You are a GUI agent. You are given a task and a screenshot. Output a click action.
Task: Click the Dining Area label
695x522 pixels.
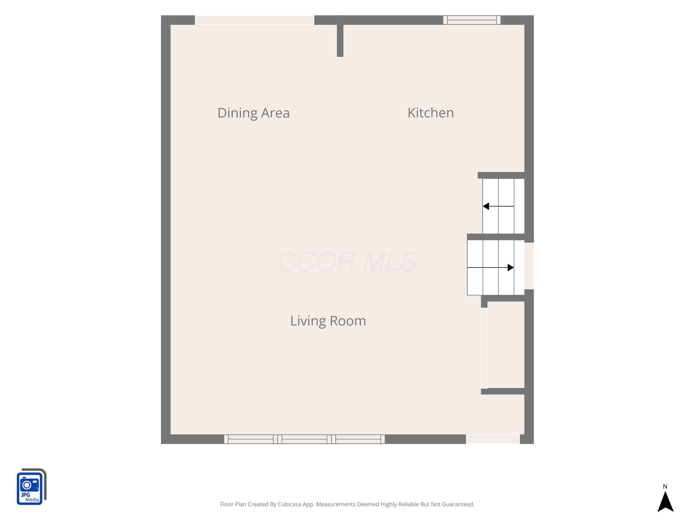(x=253, y=113)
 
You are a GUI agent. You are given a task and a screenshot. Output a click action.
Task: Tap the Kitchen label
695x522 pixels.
(x=430, y=113)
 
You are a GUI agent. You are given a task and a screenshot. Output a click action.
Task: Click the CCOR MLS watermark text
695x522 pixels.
(x=347, y=262)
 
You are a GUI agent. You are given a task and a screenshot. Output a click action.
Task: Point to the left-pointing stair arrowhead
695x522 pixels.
(x=486, y=206)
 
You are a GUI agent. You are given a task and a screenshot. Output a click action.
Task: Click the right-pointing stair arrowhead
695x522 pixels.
(x=511, y=267)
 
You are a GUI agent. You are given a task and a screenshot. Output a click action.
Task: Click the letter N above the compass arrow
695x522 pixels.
(x=665, y=487)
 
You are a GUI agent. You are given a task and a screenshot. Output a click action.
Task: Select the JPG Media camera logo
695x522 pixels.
(x=32, y=487)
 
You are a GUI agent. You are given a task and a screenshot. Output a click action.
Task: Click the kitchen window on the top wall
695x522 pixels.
(x=472, y=20)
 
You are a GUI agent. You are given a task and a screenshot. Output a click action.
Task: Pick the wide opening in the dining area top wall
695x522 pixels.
(x=255, y=20)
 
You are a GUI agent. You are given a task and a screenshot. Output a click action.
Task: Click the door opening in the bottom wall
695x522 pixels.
(x=493, y=439)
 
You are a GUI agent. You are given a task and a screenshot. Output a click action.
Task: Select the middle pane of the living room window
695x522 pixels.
(x=304, y=439)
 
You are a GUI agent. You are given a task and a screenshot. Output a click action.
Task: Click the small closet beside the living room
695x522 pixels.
(x=505, y=345)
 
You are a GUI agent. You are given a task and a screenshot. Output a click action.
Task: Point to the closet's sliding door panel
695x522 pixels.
(x=484, y=348)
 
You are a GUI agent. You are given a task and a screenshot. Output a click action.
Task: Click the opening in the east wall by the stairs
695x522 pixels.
(x=529, y=266)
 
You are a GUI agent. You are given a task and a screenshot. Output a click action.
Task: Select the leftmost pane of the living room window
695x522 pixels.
(x=251, y=439)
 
